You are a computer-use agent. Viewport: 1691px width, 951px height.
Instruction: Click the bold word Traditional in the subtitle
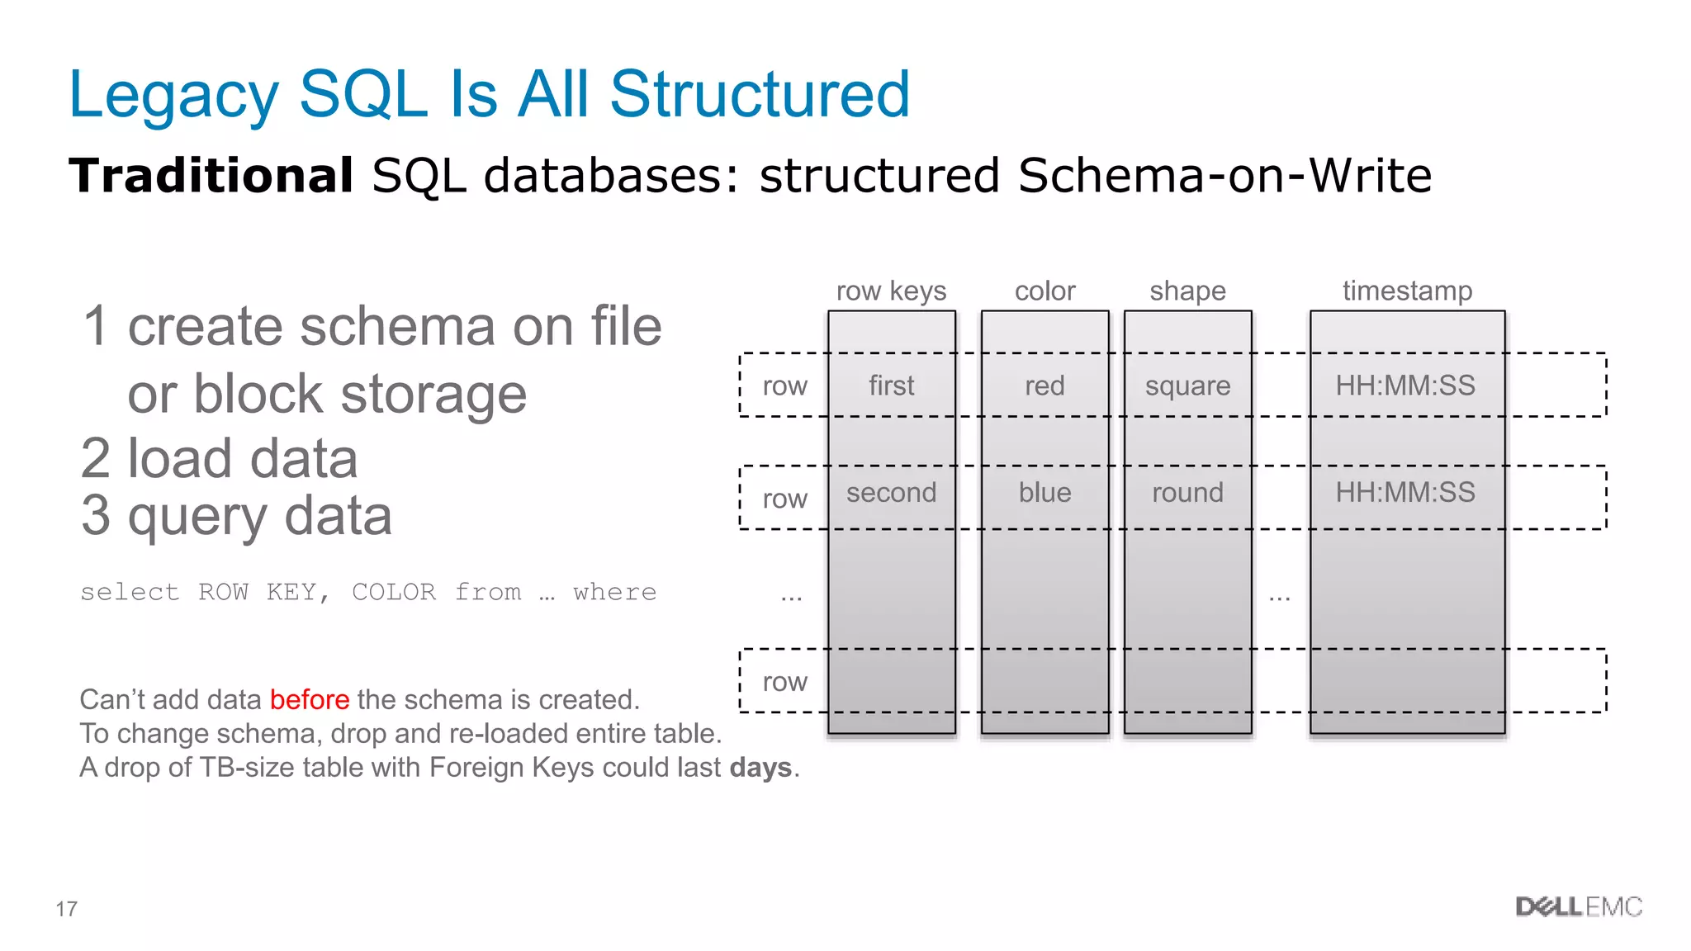pyautogui.click(x=211, y=176)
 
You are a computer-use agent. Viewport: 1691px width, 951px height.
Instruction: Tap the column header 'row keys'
pyautogui.click(x=891, y=291)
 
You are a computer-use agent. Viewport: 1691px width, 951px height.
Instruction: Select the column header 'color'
pyautogui.click(x=1044, y=291)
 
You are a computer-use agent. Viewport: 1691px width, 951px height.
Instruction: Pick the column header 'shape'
pyautogui.click(x=1187, y=291)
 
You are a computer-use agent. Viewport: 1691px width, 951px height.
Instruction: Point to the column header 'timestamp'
pyautogui.click(x=1407, y=291)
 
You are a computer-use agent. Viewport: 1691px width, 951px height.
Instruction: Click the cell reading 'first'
pyautogui.click(x=891, y=386)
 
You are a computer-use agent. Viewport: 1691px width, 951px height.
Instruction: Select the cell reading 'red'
pyautogui.click(x=1044, y=386)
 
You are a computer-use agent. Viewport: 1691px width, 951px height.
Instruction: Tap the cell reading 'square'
pyautogui.click(x=1187, y=386)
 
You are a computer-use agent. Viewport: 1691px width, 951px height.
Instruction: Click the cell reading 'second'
pyautogui.click(x=891, y=493)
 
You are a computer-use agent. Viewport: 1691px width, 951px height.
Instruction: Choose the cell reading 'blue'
pyautogui.click(x=1044, y=493)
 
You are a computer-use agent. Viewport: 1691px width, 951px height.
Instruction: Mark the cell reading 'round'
pyautogui.click(x=1187, y=493)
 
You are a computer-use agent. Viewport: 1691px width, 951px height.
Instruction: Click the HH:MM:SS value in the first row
pyautogui.click(x=1405, y=386)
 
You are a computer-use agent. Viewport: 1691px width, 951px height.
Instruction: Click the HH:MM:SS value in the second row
pyautogui.click(x=1405, y=493)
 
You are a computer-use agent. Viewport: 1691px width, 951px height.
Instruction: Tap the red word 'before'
pyautogui.click(x=310, y=700)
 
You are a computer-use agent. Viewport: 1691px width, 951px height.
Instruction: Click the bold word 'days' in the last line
pyautogui.click(x=760, y=768)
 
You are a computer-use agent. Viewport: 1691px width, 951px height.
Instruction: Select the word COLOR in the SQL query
pyautogui.click(x=394, y=592)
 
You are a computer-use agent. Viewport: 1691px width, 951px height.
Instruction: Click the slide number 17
pyautogui.click(x=67, y=909)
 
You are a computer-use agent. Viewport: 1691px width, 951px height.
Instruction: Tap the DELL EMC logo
pyautogui.click(x=1579, y=907)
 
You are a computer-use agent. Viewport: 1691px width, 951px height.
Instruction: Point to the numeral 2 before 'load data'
pyautogui.click(x=96, y=459)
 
